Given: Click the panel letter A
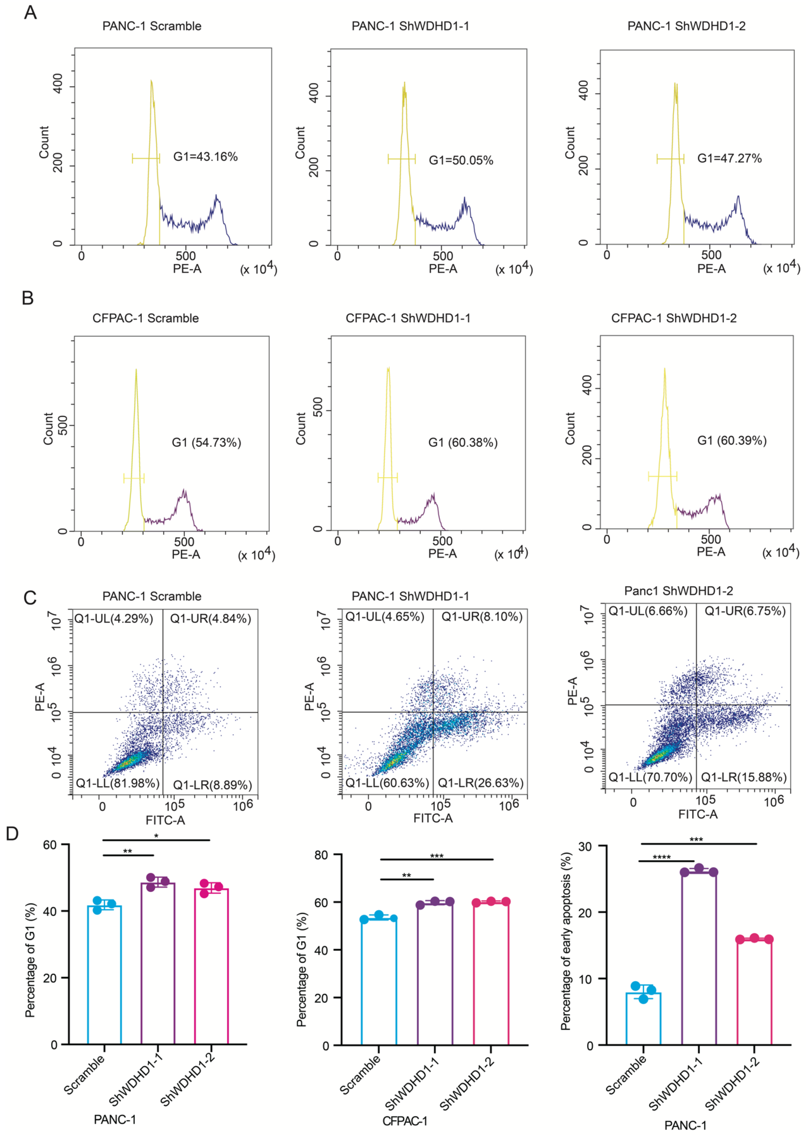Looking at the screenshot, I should tap(30, 12).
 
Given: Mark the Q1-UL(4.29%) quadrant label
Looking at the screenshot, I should tap(114, 619).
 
